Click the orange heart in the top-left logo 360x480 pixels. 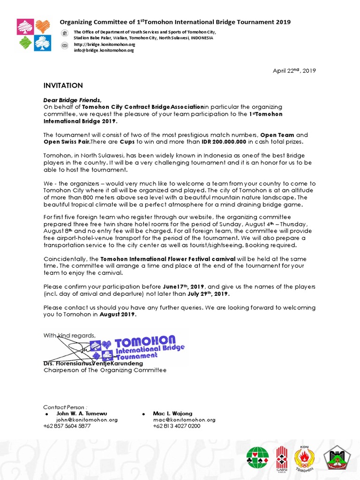coord(43,26)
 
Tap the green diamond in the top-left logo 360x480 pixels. coord(25,43)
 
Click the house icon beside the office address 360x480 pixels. coord(65,32)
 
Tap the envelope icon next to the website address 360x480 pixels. coord(65,45)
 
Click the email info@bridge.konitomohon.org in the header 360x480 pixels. coord(104,50)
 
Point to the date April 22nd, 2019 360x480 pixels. coord(294,71)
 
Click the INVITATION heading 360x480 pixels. coord(63,86)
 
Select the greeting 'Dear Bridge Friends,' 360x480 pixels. coord(72,100)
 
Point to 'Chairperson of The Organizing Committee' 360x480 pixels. coord(105,370)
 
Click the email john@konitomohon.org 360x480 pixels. coord(87,420)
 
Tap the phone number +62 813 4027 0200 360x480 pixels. coord(177,426)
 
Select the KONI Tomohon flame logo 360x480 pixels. coord(304,457)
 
